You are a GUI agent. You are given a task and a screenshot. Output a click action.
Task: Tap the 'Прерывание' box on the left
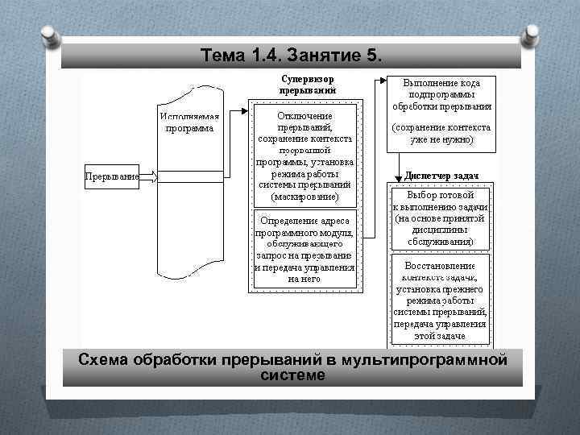click(x=112, y=176)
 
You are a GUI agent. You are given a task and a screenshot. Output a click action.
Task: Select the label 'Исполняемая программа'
click(x=190, y=122)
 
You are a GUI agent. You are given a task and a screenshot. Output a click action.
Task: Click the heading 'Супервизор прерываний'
click(x=307, y=85)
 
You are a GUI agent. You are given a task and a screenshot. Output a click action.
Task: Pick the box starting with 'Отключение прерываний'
click(x=304, y=155)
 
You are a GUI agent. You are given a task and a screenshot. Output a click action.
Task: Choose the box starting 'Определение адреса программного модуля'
click(x=304, y=249)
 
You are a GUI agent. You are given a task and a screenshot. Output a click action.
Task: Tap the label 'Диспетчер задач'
click(x=441, y=176)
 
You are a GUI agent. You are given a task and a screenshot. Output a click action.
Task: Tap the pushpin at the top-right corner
click(x=531, y=35)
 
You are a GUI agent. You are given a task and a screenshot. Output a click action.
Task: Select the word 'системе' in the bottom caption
click(x=293, y=375)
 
